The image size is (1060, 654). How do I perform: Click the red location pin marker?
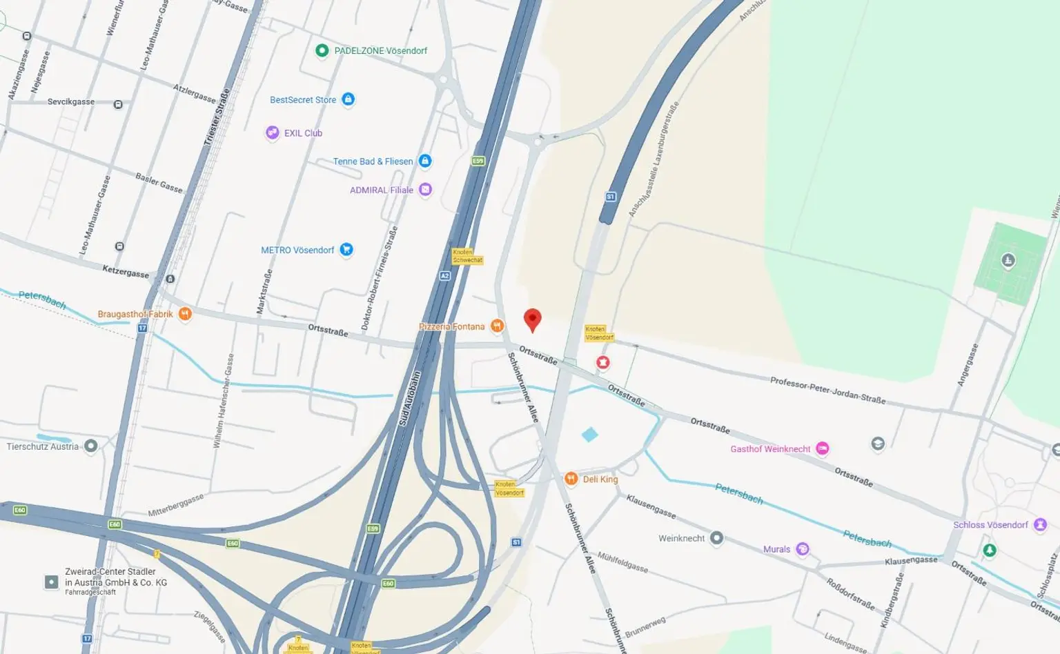click(532, 319)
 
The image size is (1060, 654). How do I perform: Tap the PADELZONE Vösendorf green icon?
click(322, 50)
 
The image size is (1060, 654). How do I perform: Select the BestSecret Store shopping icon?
click(349, 99)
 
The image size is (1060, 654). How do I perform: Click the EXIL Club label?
click(303, 133)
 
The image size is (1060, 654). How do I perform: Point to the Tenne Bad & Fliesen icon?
click(425, 161)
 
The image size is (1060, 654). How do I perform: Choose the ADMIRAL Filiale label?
click(381, 190)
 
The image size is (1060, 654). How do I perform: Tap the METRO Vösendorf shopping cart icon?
click(346, 249)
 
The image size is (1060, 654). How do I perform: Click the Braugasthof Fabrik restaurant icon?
click(185, 314)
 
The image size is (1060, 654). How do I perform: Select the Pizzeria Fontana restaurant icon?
click(497, 326)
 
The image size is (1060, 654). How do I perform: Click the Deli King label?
click(600, 479)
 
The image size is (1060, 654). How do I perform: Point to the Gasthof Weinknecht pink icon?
click(822, 448)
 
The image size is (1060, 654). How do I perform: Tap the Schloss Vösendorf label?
click(990, 525)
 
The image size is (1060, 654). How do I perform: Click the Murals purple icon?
click(802, 549)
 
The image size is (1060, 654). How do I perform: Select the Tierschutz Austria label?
click(43, 446)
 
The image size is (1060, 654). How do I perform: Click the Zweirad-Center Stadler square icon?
click(51, 582)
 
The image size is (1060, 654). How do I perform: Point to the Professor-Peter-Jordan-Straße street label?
click(827, 390)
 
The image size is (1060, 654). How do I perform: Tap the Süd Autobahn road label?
click(410, 399)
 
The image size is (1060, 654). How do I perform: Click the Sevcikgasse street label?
click(71, 102)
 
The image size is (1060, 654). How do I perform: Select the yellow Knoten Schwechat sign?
click(467, 256)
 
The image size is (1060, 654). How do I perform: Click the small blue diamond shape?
click(589, 435)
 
